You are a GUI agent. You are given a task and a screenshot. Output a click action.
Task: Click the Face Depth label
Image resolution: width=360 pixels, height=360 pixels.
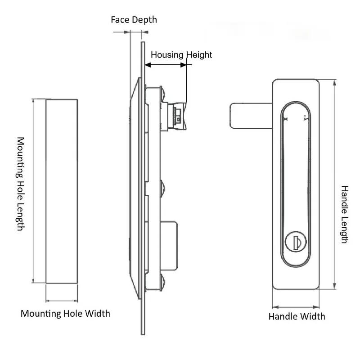[x=134, y=20]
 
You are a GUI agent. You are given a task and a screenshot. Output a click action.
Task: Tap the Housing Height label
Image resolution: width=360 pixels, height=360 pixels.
[x=181, y=55]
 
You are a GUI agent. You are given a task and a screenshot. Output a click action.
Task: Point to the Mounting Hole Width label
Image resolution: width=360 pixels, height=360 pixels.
[x=65, y=313]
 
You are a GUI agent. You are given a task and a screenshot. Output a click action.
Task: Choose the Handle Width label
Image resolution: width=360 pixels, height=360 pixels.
[x=297, y=316]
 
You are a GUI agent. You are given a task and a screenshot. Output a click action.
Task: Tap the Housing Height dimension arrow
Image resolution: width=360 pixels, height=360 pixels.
[x=166, y=65]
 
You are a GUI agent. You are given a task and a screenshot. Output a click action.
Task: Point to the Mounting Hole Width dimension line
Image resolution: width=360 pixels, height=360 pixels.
[x=62, y=300]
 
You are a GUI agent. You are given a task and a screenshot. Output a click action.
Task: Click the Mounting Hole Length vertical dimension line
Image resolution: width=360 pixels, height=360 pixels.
[x=33, y=191]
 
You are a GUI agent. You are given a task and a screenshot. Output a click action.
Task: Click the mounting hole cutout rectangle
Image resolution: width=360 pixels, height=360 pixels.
[x=62, y=191]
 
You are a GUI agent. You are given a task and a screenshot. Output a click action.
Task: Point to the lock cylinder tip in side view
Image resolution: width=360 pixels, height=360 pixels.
[x=180, y=115]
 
